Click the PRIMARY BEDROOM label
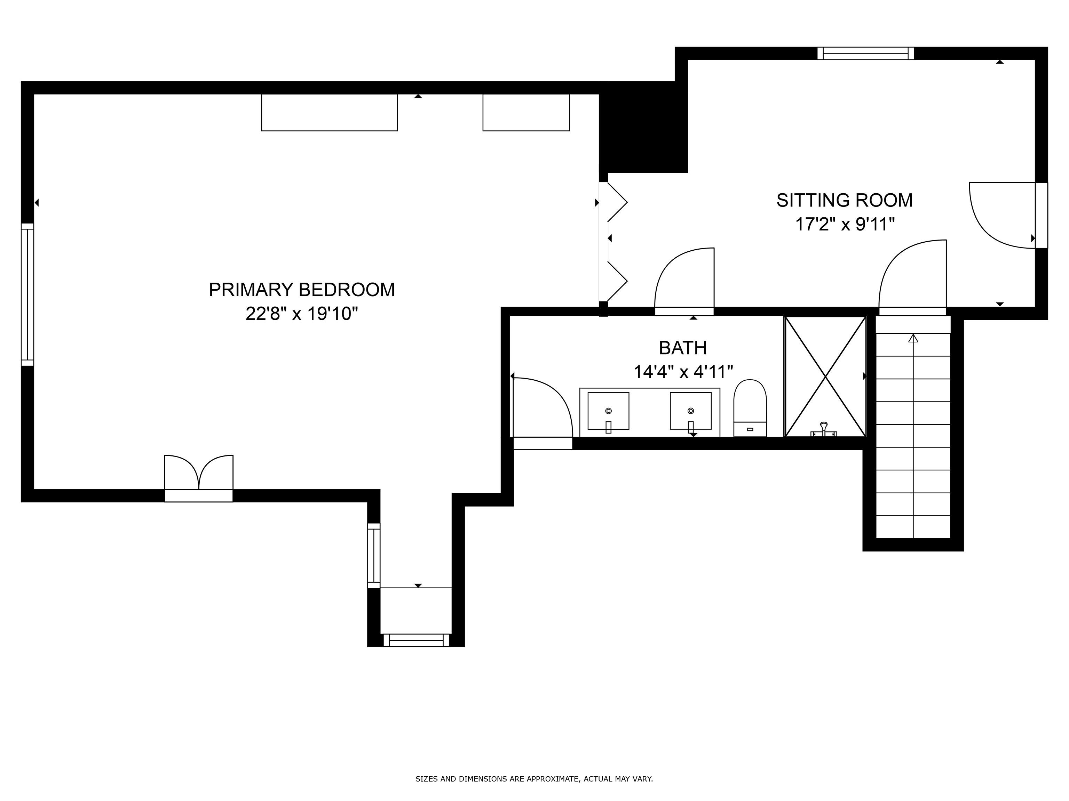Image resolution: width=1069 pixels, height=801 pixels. click(x=302, y=290)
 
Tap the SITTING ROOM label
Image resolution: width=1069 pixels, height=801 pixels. click(x=844, y=200)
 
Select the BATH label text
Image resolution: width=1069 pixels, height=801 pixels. click(x=683, y=348)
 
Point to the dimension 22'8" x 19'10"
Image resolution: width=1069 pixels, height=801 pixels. click(x=302, y=314)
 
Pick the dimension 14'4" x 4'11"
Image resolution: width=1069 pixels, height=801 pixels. click(x=683, y=372)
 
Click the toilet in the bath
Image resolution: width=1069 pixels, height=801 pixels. click(x=750, y=408)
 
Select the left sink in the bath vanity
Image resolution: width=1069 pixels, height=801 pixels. click(x=608, y=411)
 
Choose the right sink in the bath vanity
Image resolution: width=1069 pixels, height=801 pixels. click(x=691, y=411)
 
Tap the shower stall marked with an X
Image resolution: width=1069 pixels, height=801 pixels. click(x=825, y=377)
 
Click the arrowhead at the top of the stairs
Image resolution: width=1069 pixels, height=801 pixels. click(x=913, y=339)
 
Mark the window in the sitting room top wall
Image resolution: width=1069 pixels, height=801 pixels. click(x=865, y=53)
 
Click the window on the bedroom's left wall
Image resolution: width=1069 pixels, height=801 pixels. click(x=27, y=294)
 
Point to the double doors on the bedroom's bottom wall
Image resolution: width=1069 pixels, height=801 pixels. click(x=199, y=478)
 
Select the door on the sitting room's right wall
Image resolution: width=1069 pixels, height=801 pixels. click(x=1008, y=215)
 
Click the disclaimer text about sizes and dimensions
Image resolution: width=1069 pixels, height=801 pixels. click(x=534, y=752)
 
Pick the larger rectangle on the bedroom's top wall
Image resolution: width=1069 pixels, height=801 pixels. click(x=330, y=113)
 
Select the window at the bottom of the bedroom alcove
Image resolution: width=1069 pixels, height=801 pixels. click(x=416, y=640)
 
